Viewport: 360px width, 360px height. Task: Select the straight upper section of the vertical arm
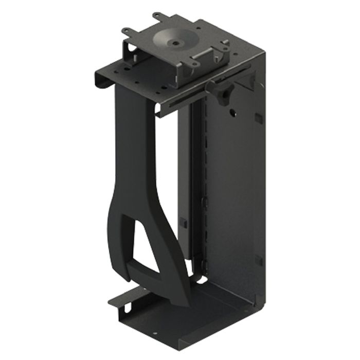[131, 149]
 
